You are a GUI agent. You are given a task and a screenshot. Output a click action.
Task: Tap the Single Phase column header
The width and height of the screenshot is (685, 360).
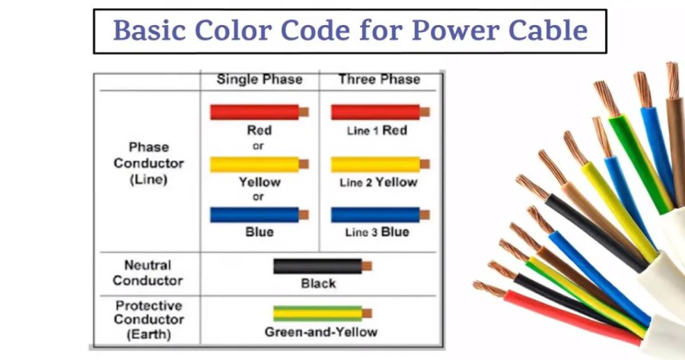259,79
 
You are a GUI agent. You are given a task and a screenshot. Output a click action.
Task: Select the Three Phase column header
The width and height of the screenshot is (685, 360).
379,79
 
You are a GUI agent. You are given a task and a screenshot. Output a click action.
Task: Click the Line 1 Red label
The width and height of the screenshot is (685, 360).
378,131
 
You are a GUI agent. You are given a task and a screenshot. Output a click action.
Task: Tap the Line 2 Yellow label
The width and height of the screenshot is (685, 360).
378,183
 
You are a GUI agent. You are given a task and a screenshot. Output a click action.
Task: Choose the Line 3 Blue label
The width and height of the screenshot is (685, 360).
378,232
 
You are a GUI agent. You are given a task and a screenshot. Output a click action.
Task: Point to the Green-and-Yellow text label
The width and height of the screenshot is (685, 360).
320,332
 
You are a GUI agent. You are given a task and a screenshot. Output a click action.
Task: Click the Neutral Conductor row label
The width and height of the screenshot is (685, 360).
148,272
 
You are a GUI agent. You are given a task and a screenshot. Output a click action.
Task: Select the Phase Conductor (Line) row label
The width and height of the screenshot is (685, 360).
148,163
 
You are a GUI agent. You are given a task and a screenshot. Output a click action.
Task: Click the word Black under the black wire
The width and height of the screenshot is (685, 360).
318,283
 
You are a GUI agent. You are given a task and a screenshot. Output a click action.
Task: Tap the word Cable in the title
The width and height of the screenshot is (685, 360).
550,30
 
